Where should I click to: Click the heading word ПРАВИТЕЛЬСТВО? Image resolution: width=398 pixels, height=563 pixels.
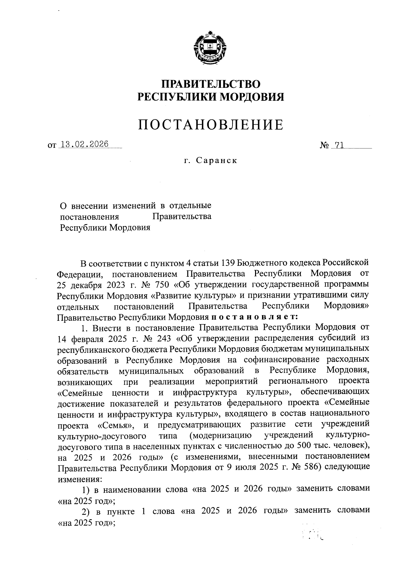coord(211,84)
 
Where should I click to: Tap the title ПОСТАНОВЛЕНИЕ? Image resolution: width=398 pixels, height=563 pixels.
coord(211,125)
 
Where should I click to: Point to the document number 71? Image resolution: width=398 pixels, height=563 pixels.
coord(338,145)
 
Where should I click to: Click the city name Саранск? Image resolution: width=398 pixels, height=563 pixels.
coord(216,161)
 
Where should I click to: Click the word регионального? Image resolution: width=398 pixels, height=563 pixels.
coord(298,381)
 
